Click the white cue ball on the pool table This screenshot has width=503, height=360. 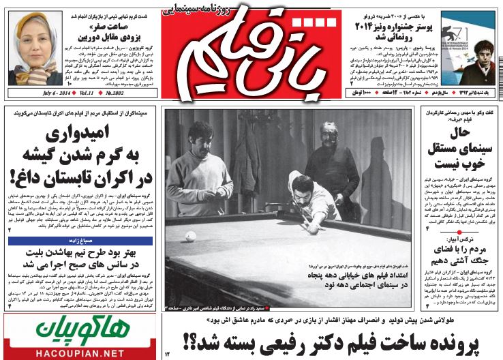tap(191, 236)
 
